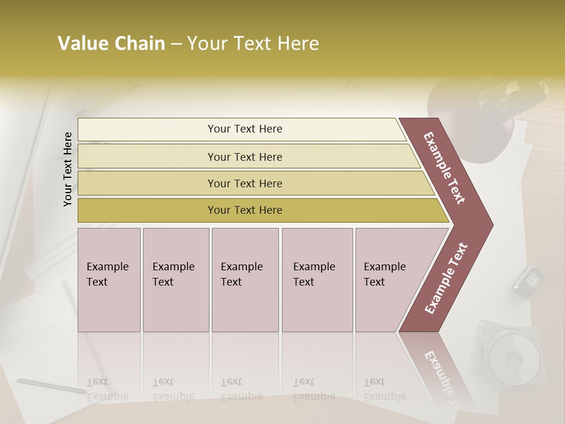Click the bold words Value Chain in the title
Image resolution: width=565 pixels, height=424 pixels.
[x=111, y=44]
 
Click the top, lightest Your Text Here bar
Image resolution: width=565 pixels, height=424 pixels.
[x=244, y=129]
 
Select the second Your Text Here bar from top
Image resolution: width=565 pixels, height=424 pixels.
[x=244, y=157]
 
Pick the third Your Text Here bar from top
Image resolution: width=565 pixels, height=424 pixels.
[x=244, y=183]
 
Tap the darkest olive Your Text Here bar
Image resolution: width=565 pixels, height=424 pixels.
[x=244, y=210]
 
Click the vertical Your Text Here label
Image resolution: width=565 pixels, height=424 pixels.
[x=68, y=169]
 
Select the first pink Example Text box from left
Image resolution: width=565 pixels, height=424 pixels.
[x=109, y=280]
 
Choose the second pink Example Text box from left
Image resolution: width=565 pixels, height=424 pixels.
[x=175, y=280]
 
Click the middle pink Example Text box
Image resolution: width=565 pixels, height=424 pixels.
[x=245, y=280]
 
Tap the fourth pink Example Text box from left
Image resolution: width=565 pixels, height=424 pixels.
[x=317, y=280]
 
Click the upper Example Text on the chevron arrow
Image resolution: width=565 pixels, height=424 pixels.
[x=445, y=168]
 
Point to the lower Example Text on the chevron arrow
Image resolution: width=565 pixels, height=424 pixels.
[x=446, y=278]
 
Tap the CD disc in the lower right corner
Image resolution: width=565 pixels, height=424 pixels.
[x=514, y=358]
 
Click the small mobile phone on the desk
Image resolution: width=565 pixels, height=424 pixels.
[x=527, y=280]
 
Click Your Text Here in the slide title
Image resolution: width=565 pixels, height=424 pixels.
[x=253, y=44]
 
